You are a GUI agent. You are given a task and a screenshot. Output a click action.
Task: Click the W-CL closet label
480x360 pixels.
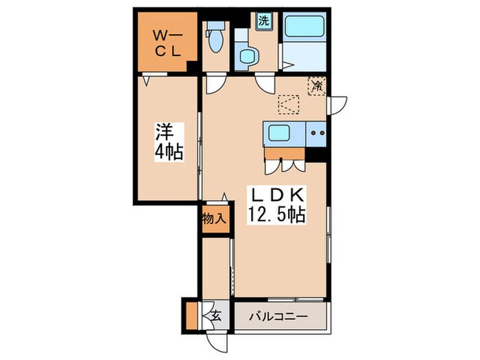(x=167, y=44)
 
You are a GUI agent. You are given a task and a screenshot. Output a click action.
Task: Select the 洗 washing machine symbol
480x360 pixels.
(x=263, y=21)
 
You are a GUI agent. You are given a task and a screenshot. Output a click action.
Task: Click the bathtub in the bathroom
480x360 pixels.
(x=304, y=26)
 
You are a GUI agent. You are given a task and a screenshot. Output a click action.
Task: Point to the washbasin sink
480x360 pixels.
(x=247, y=56)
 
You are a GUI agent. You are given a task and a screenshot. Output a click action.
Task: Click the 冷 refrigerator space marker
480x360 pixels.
(x=317, y=86)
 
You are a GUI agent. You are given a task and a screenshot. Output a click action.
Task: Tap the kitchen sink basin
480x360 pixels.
(x=279, y=133)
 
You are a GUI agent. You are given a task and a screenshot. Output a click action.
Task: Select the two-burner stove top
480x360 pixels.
(x=316, y=133)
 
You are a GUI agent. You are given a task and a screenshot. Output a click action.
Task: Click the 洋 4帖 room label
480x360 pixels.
(x=169, y=141)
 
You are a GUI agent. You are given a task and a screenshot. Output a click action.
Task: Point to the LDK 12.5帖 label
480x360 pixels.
(x=276, y=205)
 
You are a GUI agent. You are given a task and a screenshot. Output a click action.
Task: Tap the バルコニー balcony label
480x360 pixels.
(x=278, y=317)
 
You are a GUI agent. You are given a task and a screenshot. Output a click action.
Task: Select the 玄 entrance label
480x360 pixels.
(x=216, y=315)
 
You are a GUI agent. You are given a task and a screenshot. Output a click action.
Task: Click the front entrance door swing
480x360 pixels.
(x=217, y=344)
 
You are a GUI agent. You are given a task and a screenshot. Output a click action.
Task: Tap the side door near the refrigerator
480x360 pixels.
(x=337, y=106)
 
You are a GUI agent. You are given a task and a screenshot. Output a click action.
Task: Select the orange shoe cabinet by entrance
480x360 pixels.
(x=192, y=315)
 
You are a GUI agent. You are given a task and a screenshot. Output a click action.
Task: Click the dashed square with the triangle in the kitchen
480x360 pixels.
(x=289, y=105)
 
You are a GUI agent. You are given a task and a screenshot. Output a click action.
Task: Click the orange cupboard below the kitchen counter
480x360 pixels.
(x=285, y=154)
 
